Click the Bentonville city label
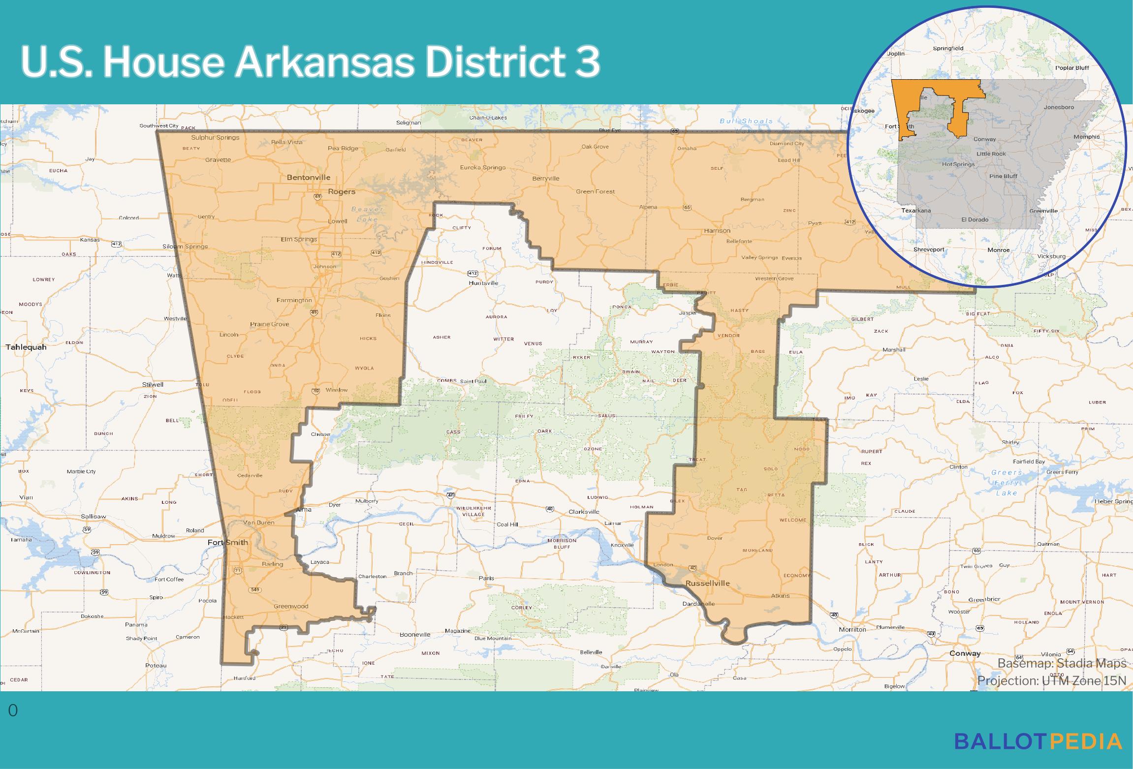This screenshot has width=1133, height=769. coord(309,178)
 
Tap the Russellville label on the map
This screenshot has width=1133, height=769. coord(707,584)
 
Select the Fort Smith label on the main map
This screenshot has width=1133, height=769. coord(227,543)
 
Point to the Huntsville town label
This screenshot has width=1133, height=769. coord(484,283)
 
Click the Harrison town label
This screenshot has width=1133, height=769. coord(717,230)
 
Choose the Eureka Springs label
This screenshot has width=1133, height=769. coord(482,167)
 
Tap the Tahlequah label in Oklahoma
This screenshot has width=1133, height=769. coord(26,347)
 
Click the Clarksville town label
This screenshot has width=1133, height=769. coord(584,512)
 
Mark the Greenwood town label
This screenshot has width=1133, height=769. coord(290,606)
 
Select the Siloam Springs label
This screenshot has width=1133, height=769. coord(185,246)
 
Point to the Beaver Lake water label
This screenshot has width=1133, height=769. coord(367,214)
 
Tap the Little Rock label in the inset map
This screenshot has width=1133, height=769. coord(991,154)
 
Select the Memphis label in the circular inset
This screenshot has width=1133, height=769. coord(1086,137)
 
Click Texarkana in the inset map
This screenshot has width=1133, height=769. coord(916,210)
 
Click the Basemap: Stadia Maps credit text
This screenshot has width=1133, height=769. coord(1062,663)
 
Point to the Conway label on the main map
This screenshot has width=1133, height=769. coord(965,653)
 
